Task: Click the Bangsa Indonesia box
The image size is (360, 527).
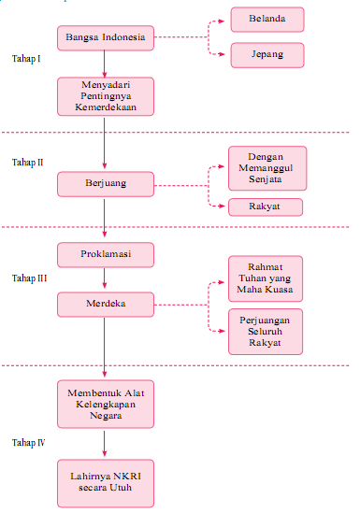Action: click(105, 38)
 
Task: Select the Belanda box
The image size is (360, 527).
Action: click(267, 19)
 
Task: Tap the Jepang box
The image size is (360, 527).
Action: click(267, 54)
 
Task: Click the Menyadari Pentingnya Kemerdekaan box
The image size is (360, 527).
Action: click(105, 95)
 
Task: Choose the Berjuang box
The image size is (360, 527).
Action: click(105, 184)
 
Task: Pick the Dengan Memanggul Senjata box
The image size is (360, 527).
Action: click(267, 168)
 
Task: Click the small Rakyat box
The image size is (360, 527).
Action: click(267, 207)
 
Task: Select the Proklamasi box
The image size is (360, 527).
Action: click(105, 255)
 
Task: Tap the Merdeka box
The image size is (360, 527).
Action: click(105, 304)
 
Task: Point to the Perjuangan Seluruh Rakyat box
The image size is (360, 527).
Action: click(266, 331)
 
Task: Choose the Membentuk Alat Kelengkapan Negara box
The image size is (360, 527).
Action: click(105, 402)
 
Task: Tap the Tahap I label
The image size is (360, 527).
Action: click(26, 59)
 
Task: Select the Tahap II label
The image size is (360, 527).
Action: click(28, 163)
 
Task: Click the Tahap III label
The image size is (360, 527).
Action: click(30, 278)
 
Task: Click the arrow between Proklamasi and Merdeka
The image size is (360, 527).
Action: click(105, 279)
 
